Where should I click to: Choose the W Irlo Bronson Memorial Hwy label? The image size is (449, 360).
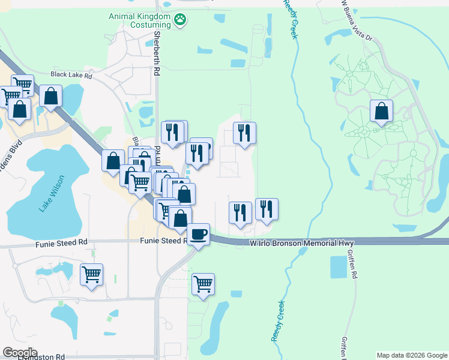[302, 243]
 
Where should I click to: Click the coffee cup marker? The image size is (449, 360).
[199, 233]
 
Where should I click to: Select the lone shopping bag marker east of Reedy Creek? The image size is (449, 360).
[382, 110]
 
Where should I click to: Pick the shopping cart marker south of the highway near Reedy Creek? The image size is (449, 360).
[203, 284]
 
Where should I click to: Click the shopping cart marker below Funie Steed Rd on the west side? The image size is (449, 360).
[91, 275]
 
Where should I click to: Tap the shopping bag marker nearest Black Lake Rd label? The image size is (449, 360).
[51, 96]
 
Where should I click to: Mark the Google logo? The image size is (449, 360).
[20, 353]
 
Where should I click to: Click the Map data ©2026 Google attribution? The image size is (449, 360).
[412, 355]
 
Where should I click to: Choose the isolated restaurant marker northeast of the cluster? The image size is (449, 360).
[244, 133]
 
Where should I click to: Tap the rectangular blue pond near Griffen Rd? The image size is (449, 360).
[339, 266]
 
